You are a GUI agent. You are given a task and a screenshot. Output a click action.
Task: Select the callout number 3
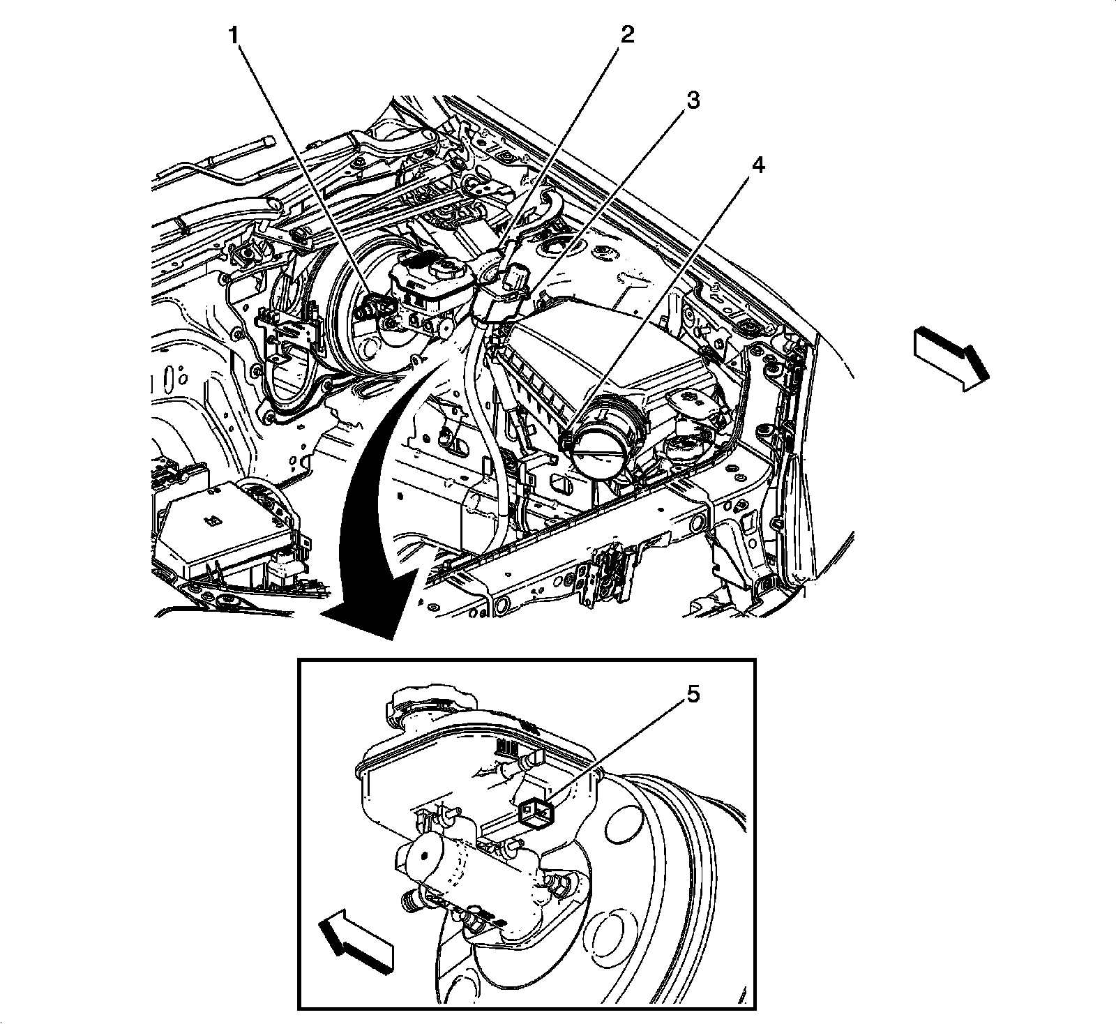(692, 100)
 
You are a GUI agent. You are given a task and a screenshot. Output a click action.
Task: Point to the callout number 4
(757, 165)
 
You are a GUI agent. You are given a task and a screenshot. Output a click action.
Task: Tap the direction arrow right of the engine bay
(950, 359)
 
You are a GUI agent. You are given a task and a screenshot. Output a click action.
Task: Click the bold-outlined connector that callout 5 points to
(537, 812)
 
